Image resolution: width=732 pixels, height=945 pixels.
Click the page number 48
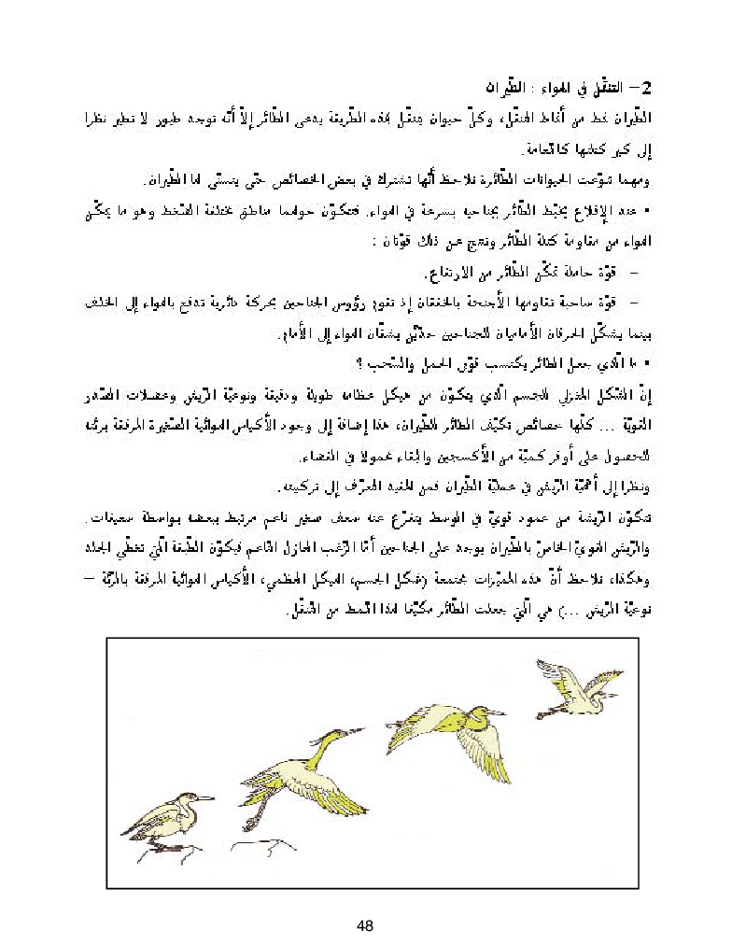point(365,925)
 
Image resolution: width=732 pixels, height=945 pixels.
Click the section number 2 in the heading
point(650,89)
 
